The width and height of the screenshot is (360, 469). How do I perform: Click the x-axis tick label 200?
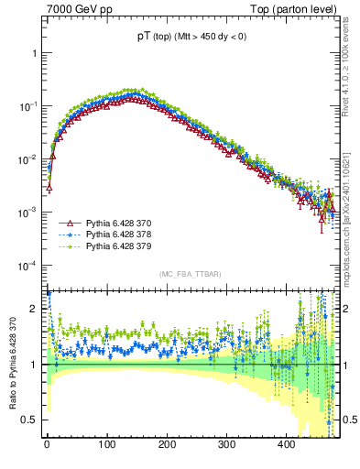(167, 444)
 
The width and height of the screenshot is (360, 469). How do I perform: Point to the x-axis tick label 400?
(286, 444)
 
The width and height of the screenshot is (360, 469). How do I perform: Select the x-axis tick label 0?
(47, 444)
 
